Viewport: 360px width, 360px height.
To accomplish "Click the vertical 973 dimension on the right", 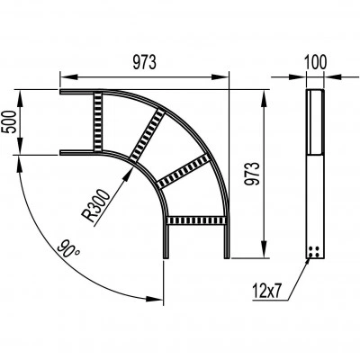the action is [251, 174].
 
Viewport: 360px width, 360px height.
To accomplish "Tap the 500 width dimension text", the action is [9, 121].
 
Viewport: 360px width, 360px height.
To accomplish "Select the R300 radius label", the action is [96, 205].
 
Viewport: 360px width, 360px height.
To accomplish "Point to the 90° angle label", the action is [68, 248].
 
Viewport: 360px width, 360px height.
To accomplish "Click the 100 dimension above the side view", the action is [315, 62].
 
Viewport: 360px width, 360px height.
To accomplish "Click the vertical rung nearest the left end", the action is [98, 121].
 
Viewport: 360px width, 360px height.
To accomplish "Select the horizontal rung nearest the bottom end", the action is [196, 220].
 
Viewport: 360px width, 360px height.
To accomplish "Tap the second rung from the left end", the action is [148, 134].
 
